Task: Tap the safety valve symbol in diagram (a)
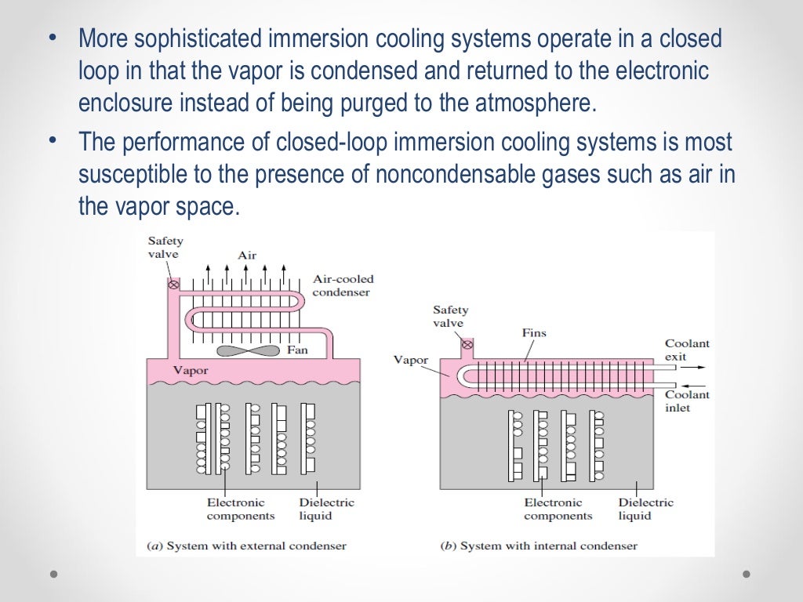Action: click(173, 285)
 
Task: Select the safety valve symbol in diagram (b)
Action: click(467, 344)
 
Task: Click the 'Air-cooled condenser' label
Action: click(343, 285)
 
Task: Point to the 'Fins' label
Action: click(533, 332)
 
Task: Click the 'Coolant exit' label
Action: click(686, 350)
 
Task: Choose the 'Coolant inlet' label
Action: click(687, 401)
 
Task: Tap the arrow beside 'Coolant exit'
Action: click(694, 367)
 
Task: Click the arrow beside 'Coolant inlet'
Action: click(694, 384)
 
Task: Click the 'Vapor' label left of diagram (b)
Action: click(410, 361)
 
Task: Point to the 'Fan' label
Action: click(297, 350)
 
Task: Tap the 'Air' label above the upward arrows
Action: click(247, 255)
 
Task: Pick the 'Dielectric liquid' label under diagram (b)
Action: click(645, 509)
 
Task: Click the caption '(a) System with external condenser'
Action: click(246, 545)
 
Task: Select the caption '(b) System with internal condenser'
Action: click(539, 545)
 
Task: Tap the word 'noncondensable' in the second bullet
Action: click(452, 174)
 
